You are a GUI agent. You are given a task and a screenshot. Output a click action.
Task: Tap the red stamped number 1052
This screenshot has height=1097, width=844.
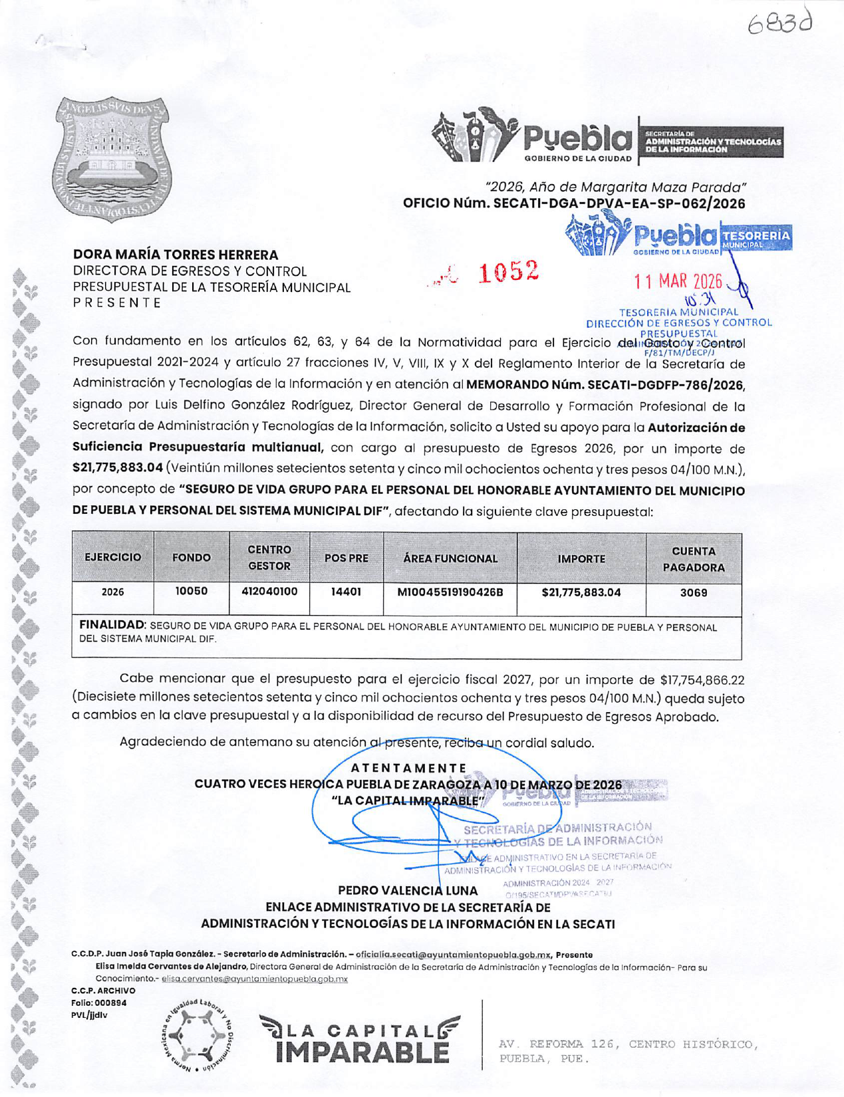(508, 271)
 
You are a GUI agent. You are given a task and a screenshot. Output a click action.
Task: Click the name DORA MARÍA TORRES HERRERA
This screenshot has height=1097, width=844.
(176, 255)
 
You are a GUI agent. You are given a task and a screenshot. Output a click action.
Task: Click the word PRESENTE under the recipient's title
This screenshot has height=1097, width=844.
(117, 303)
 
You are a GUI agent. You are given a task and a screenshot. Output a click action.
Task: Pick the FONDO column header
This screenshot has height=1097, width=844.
(192, 558)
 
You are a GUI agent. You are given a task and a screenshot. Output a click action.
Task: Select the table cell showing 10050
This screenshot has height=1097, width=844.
(192, 591)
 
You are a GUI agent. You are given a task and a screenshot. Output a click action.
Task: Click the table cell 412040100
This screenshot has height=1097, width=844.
(269, 591)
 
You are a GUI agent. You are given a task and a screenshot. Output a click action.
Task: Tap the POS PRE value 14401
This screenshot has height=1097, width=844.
(346, 591)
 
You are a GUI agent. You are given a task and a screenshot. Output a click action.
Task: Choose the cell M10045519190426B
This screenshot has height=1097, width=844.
(450, 592)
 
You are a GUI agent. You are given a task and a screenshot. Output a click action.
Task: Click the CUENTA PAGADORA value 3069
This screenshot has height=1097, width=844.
(693, 592)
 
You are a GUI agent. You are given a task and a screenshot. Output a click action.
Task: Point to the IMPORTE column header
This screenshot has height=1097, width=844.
(581, 558)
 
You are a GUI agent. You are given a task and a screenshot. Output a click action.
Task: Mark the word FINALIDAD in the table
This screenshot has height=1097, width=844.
(112, 626)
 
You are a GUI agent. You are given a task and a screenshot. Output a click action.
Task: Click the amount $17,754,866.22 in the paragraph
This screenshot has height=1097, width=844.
(702, 679)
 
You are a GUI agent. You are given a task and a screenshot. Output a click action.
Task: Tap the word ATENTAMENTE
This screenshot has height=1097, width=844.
(408, 768)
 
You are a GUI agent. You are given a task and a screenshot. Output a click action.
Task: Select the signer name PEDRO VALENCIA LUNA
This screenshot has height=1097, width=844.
(408, 890)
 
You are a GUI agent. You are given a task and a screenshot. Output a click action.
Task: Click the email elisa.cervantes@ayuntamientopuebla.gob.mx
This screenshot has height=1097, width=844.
(255, 979)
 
